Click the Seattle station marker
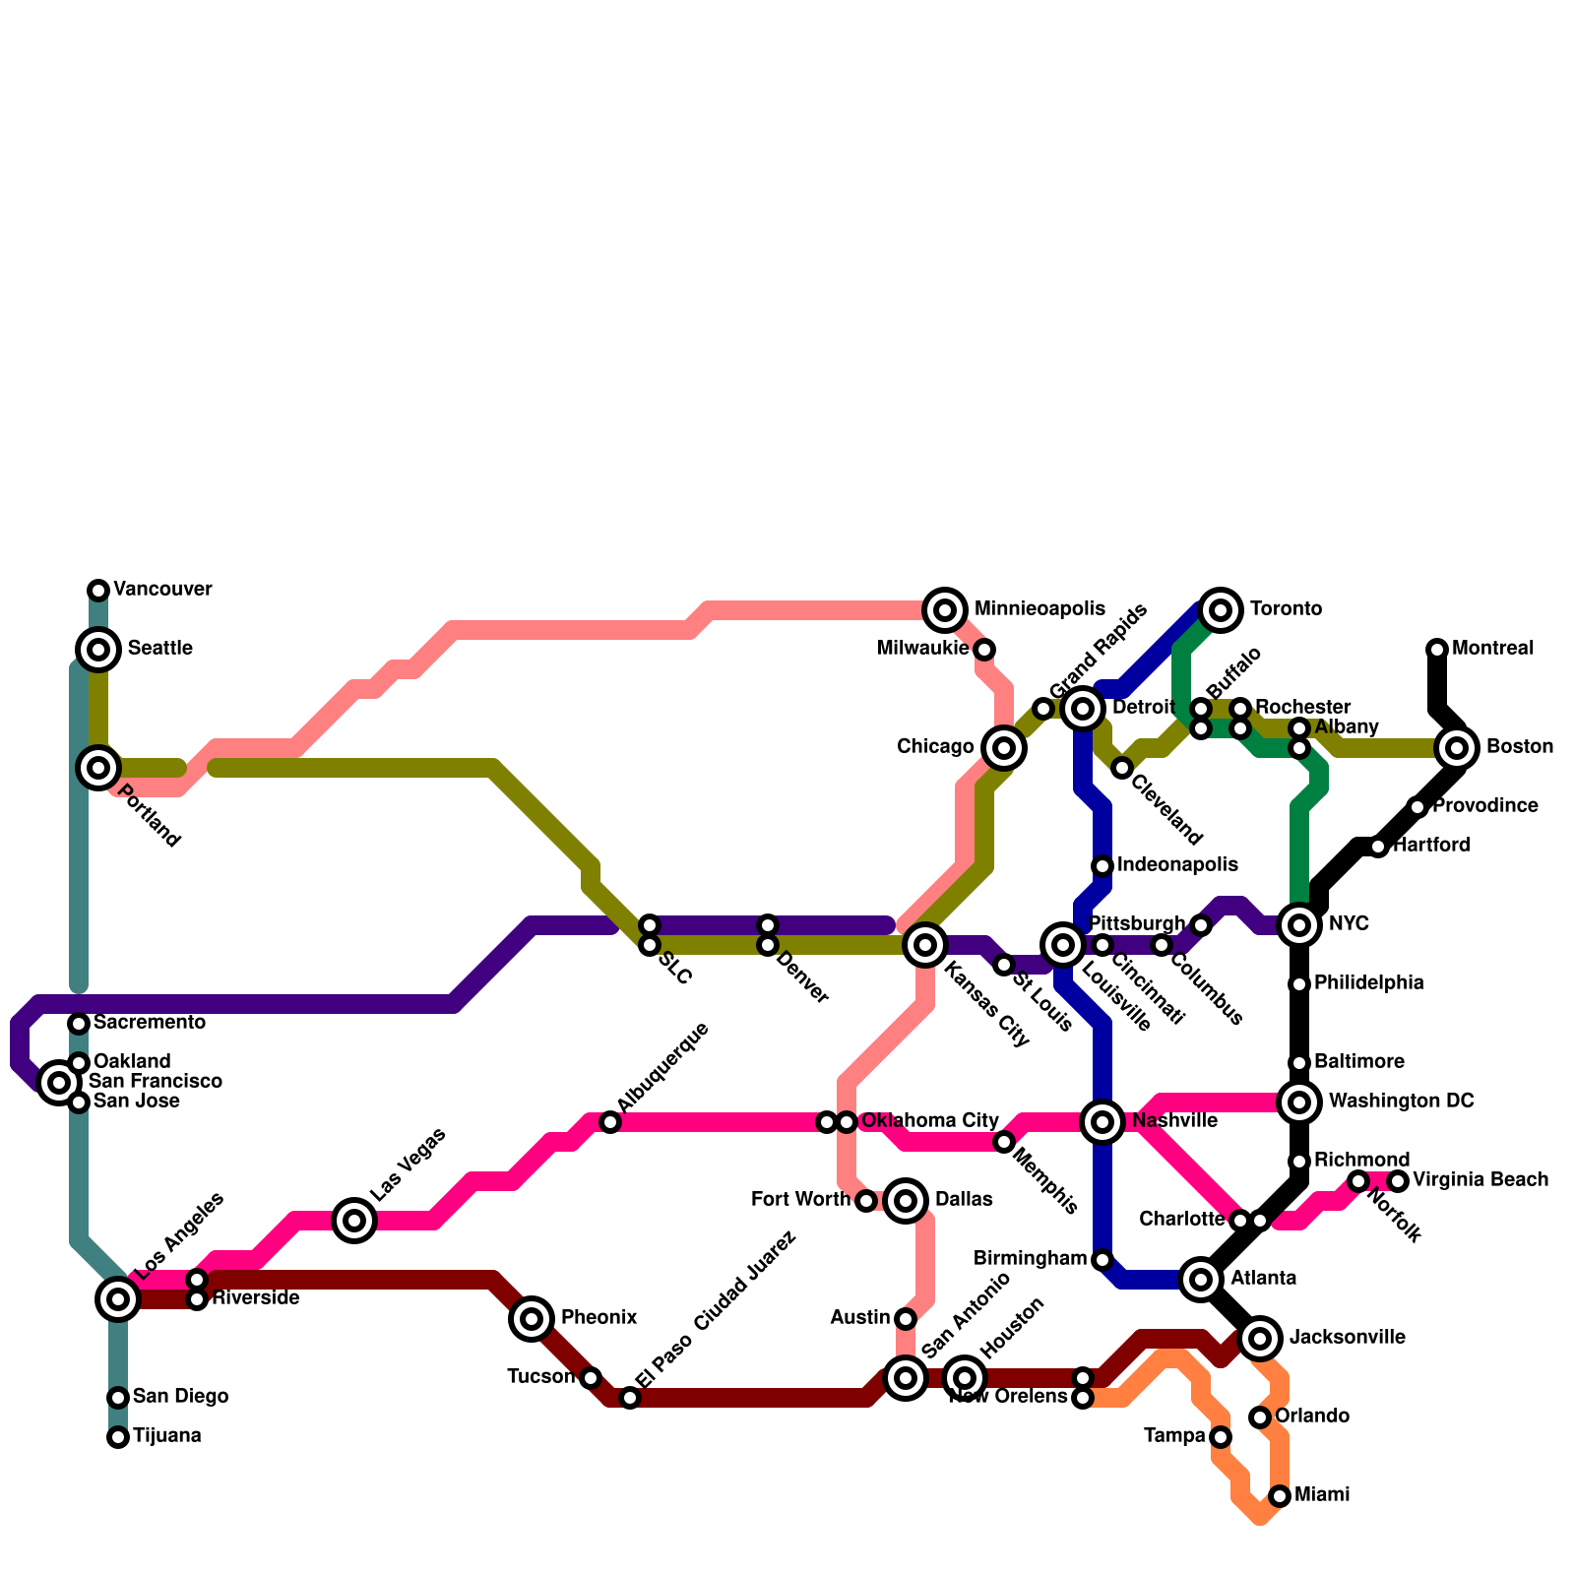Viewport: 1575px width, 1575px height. click(98, 650)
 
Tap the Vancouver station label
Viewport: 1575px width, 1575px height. click(162, 590)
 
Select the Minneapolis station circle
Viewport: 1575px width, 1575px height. click(945, 610)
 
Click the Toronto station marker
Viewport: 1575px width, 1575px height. click(1221, 610)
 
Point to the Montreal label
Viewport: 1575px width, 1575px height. click(1492, 649)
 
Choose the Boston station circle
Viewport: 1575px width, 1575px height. click(1457, 748)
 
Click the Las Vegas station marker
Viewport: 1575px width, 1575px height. click(354, 1221)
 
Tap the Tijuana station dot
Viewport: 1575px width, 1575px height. click(118, 1437)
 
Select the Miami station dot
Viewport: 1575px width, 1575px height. click(1280, 1496)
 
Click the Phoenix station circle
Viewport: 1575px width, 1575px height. click(532, 1319)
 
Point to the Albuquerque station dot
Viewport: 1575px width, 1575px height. click(610, 1122)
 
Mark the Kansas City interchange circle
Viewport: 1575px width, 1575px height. click(925, 945)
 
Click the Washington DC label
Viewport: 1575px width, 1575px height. click(1401, 1102)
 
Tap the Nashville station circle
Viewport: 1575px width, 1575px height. click(1102, 1122)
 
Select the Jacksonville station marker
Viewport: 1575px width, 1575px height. click(1260, 1339)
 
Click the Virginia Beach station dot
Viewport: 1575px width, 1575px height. click(1398, 1181)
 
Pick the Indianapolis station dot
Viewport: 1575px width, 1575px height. click(1102, 866)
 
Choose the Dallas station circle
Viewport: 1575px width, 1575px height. click(906, 1201)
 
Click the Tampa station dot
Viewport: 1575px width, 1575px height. click(1221, 1437)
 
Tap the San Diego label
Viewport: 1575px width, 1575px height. click(180, 1397)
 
